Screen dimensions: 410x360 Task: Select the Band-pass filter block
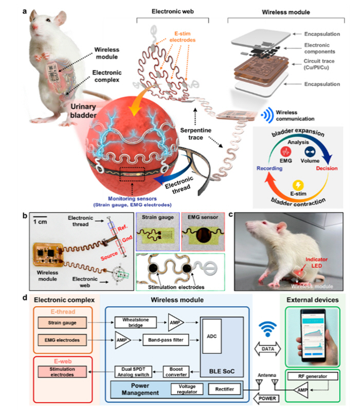[163, 339]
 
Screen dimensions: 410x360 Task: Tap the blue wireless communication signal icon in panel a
[265, 114]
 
